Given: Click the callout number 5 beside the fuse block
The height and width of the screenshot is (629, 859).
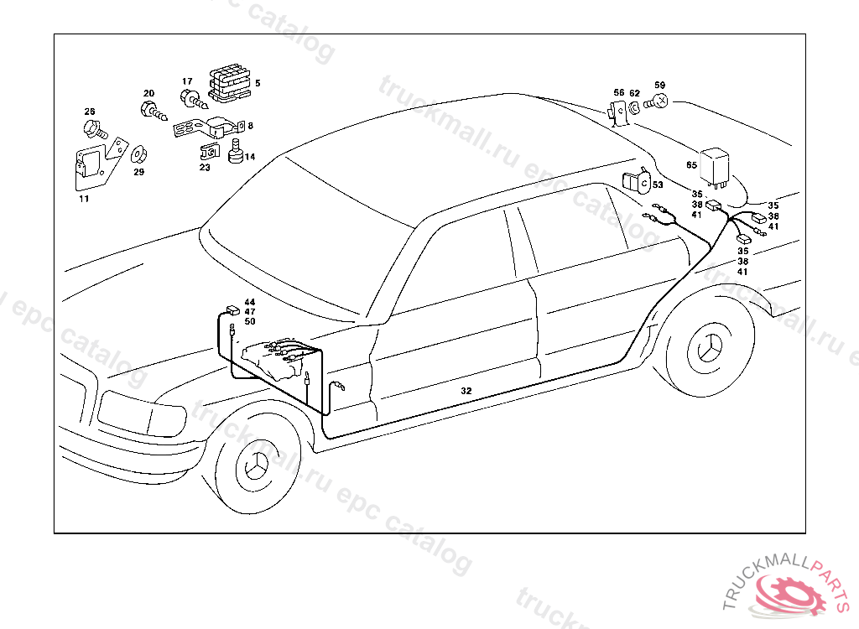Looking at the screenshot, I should pyautogui.click(x=258, y=83).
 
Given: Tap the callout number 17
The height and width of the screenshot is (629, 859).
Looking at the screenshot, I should pyautogui.click(x=187, y=82).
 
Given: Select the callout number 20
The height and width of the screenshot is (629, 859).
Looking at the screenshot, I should pyautogui.click(x=148, y=94).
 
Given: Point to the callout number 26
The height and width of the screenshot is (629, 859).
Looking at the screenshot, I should pyautogui.click(x=90, y=112).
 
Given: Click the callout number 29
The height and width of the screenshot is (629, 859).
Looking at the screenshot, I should pyautogui.click(x=138, y=172).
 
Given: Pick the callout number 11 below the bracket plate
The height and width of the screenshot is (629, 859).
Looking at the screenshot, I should pyautogui.click(x=84, y=199).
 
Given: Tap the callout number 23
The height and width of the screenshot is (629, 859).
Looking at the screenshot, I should pyautogui.click(x=205, y=168).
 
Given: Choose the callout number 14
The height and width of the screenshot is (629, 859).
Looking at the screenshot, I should pyautogui.click(x=250, y=157).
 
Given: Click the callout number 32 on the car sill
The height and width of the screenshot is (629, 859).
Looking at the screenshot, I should pyautogui.click(x=466, y=391).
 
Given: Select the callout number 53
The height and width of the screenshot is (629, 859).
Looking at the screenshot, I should pyautogui.click(x=658, y=185).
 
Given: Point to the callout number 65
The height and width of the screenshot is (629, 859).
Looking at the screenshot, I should pyautogui.click(x=691, y=165).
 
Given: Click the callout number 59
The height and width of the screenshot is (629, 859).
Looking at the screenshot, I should pyautogui.click(x=659, y=86).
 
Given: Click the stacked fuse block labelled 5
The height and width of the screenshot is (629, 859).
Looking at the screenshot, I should pyautogui.click(x=229, y=82).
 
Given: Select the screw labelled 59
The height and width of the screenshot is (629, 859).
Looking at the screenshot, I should pyautogui.click(x=659, y=101).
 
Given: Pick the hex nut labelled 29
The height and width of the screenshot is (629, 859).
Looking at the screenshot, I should pyautogui.click(x=138, y=155).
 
